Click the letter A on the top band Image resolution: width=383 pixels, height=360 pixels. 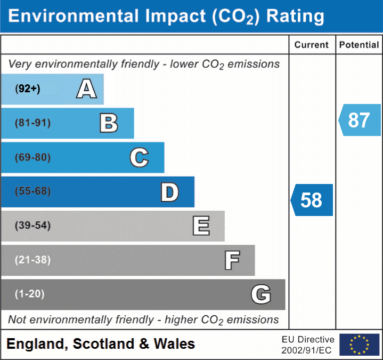[86, 89]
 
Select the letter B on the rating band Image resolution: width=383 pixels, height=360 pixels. [109, 123]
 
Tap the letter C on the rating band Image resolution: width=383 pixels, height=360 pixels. [139, 157]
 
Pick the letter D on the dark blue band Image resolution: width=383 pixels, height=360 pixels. [169, 192]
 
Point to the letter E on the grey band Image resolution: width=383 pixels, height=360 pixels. [201, 226]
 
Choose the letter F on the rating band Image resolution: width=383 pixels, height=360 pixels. [232, 260]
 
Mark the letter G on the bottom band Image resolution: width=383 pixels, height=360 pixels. [261, 294]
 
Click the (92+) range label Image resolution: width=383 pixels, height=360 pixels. [28, 89]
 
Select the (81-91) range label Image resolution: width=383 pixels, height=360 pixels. [32, 123]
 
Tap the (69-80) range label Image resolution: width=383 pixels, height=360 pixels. [32, 157]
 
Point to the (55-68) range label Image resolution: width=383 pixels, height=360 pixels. [32, 191]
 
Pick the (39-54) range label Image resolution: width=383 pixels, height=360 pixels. [32, 226]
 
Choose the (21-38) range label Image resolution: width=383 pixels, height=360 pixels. [32, 260]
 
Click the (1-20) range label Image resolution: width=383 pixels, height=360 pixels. [30, 294]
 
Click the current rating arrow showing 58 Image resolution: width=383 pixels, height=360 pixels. [312, 200]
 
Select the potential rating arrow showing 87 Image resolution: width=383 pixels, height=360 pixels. [360, 120]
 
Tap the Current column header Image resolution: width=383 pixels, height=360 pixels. [312, 45]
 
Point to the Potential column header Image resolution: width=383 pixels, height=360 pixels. [359, 45]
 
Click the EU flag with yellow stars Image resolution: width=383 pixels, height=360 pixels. [359, 345]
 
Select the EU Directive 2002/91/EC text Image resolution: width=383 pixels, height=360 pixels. [308, 345]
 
